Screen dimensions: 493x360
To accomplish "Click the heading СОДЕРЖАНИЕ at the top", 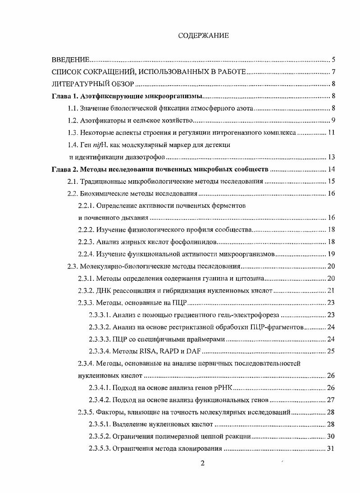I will point(203,36).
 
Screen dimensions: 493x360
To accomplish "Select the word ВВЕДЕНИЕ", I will point(71,59).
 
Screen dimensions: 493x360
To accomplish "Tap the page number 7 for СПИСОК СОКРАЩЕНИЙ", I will point(333,72).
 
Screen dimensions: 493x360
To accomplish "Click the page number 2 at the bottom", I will point(202,465).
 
